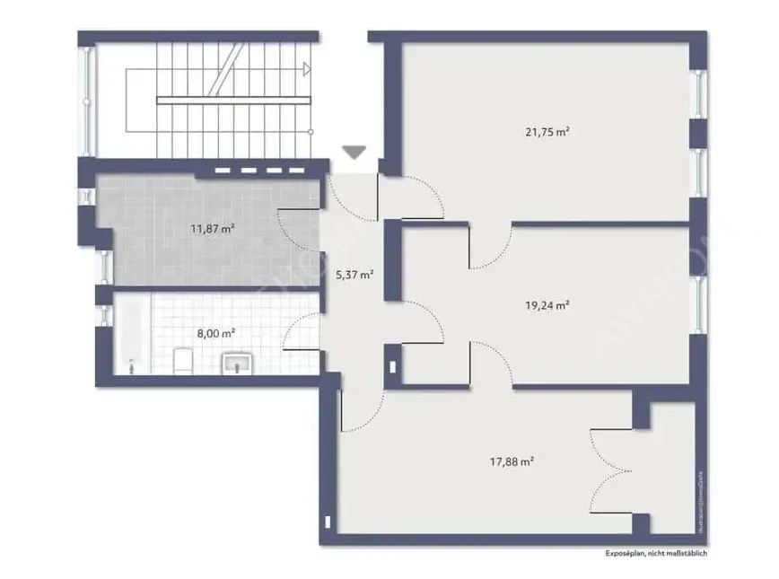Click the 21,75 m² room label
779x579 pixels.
[x=547, y=132]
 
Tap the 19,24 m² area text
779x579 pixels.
[x=547, y=305]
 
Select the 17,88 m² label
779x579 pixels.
[x=512, y=462]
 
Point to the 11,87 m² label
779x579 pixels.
[x=213, y=228]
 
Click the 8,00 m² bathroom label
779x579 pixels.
[x=216, y=332]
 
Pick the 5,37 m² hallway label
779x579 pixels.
[x=354, y=276]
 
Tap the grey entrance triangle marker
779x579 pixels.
[x=355, y=152]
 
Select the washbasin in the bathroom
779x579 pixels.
[x=238, y=364]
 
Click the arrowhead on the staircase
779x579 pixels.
[x=307, y=68]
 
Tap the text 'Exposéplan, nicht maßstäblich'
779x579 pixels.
[x=656, y=554]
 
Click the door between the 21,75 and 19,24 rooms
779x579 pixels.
[x=490, y=248]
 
